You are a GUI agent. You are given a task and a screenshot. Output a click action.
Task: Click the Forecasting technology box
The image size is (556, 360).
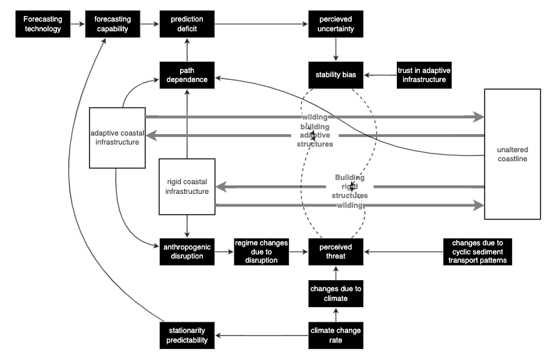tap(42, 24)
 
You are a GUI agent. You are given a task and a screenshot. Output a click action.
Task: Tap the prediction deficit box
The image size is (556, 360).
tap(186, 24)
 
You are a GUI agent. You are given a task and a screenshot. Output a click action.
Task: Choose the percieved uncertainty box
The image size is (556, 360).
tap(336, 24)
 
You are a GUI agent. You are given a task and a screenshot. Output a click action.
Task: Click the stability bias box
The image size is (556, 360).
tap(336, 74)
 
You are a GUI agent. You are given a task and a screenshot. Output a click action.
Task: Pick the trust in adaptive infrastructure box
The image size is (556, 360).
tap(423, 74)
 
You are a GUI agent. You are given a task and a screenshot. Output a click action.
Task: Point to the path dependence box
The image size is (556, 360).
tap(186, 74)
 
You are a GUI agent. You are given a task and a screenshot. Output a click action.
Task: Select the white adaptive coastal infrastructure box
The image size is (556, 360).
tap(117, 137)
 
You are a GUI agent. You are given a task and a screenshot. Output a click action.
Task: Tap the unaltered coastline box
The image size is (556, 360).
tap(512, 154)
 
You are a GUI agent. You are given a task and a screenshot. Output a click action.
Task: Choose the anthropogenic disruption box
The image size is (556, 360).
tap(186, 250)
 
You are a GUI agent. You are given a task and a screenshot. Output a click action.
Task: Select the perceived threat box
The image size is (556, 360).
tap(336, 250)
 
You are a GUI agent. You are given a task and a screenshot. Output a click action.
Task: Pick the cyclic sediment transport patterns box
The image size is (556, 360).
tap(477, 250)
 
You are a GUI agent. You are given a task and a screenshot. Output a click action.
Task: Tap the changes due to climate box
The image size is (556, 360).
tap(336, 293)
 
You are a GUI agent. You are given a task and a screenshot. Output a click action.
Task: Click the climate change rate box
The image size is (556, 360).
tap(336, 335)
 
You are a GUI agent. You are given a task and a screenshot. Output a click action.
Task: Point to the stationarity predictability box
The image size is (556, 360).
tap(186, 335)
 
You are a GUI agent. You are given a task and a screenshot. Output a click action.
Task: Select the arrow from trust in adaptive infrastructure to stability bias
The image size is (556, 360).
tap(379, 74)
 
